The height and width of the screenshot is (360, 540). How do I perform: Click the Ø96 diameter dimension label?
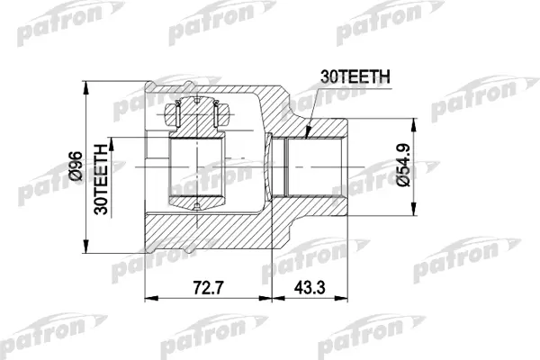[x=76, y=166]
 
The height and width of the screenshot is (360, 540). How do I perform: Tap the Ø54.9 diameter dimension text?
[x=403, y=165]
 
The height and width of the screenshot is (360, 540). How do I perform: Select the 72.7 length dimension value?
[x=209, y=288]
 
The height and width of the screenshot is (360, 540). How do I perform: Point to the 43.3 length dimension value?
[x=310, y=288]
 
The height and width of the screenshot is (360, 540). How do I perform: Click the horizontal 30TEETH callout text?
[x=355, y=76]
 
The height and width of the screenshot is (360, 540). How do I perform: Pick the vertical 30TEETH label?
[x=101, y=179]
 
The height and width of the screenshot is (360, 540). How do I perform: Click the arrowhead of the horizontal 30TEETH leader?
[x=308, y=131]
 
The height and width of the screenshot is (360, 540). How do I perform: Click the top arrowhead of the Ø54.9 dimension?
[x=413, y=125]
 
